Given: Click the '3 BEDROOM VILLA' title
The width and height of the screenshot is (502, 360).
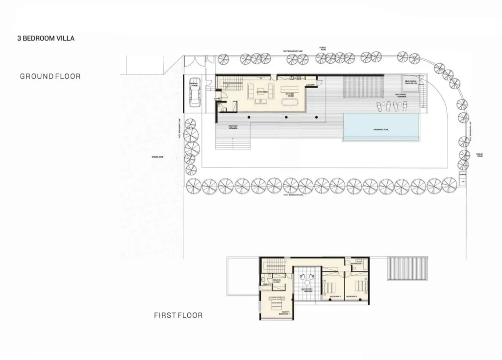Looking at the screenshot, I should coord(46,38).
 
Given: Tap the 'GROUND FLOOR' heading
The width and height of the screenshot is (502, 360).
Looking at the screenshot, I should coord(50,76).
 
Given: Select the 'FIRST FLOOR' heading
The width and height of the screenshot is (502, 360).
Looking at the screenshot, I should coord(178,315).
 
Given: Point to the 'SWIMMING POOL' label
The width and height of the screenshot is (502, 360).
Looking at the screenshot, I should coord(381,129).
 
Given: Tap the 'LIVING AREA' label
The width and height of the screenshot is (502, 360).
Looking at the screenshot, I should coord(261,92).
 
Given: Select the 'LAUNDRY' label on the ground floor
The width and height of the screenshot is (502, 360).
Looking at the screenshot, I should coord(310,85).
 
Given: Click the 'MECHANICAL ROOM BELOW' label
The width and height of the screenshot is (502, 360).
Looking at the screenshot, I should coord(410,82).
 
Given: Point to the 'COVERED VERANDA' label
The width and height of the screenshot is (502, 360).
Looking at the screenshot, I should coord(233,127).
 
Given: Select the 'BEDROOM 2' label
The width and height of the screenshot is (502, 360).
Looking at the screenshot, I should coord(335,297).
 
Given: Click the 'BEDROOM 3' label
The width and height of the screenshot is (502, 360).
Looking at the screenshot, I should coord(351,297).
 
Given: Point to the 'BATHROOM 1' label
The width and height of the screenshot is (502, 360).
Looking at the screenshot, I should coord(357,264).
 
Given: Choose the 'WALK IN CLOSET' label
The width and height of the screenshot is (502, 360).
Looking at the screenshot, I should coord(276,281).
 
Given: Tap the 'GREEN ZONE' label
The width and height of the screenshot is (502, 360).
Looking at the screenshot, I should coord(158,157).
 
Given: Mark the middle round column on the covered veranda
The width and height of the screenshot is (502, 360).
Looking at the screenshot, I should coord(286,118).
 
